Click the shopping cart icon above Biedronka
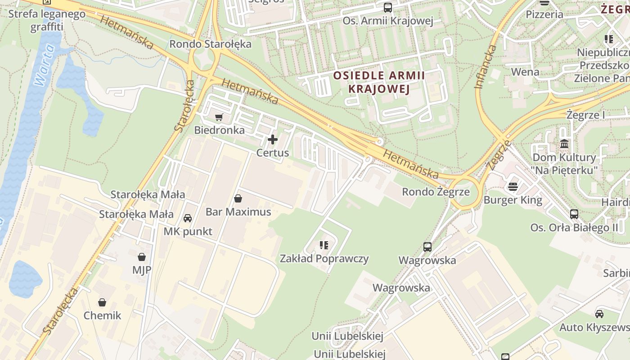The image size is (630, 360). pyautogui.click(x=219, y=117)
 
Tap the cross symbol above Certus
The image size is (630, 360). pyautogui.click(x=273, y=139)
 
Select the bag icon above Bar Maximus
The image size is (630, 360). pyautogui.click(x=238, y=198)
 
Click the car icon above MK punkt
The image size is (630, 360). pyautogui.click(x=188, y=218)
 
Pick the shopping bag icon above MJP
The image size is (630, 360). pyautogui.click(x=142, y=257)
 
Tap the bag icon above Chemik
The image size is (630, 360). pyautogui.click(x=102, y=302)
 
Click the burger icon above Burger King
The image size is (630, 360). pyautogui.click(x=513, y=186)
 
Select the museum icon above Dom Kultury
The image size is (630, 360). pyautogui.click(x=564, y=144)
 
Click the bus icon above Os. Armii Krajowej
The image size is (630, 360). pyautogui.click(x=387, y=8)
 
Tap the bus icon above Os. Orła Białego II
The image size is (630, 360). pyautogui.click(x=574, y=214)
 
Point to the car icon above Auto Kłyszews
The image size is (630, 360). pyautogui.click(x=599, y=314)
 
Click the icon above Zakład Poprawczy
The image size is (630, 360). pyautogui.click(x=324, y=245)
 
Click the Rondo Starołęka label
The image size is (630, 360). pyautogui.click(x=210, y=44)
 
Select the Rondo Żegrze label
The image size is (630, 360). pyautogui.click(x=436, y=192)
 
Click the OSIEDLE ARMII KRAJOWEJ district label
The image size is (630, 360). pyautogui.click(x=379, y=82)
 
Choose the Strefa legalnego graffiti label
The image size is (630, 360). pyautogui.click(x=47, y=20)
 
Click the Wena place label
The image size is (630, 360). pyautogui.click(x=525, y=72)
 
